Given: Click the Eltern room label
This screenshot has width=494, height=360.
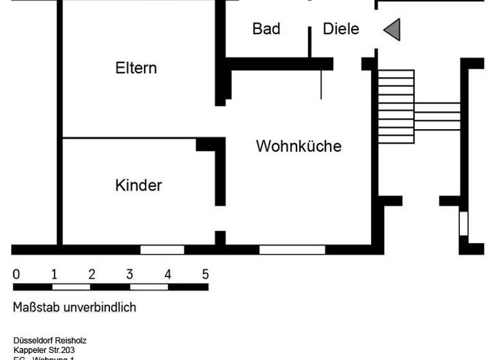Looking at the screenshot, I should click(136, 68).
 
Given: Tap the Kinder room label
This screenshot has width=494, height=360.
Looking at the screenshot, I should click(138, 186).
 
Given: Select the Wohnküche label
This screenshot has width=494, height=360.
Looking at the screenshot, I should click(298, 146).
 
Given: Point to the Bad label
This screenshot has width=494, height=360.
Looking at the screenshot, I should click(266, 29).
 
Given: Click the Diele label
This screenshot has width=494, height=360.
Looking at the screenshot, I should click(340, 29).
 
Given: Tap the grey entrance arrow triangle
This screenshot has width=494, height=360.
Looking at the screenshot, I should click(392, 29).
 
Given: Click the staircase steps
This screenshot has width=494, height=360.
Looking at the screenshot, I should click(396, 106).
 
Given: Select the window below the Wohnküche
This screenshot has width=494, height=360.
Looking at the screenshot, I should click(292, 249).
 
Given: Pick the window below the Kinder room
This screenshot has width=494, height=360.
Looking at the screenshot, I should click(162, 249).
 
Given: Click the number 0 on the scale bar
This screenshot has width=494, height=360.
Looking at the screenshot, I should click(16, 274).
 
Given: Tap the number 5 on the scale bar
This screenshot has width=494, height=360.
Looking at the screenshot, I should click(205, 274).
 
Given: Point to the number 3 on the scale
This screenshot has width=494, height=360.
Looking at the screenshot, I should click(129, 274).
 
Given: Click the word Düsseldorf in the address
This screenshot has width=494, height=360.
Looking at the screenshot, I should click(33, 340).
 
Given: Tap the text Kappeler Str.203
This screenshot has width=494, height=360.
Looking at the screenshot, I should click(44, 350).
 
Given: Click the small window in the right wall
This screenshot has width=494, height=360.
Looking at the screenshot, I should click(463, 223).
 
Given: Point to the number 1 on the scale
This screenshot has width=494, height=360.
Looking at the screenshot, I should click(54, 274).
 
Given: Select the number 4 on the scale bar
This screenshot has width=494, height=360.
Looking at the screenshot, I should click(167, 274).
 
